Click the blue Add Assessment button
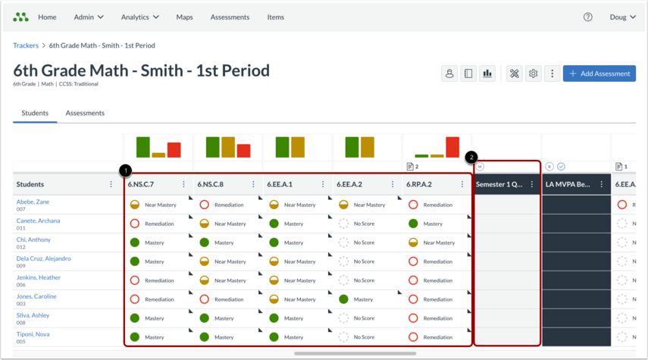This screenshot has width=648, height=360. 599,74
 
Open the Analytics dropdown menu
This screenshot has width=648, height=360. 139,17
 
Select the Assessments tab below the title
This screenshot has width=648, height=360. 85,113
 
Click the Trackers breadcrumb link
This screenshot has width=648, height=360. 26,45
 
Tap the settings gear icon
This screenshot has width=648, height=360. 533,74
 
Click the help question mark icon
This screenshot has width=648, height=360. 587,17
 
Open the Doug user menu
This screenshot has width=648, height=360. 622,17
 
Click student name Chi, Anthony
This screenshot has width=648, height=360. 33,239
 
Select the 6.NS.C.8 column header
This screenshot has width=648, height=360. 211,184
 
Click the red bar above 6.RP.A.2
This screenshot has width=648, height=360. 452,147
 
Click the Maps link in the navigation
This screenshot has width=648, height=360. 184,17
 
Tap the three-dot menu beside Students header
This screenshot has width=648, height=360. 111,184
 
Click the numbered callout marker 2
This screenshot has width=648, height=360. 471,157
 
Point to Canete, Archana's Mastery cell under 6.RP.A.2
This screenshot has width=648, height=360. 425,224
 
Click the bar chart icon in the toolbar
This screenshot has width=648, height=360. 487,74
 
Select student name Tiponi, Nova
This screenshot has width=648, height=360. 33,334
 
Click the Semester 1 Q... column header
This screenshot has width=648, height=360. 499,184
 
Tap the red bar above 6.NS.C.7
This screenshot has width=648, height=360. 174,150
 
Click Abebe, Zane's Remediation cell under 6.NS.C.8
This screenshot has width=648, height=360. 221,205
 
